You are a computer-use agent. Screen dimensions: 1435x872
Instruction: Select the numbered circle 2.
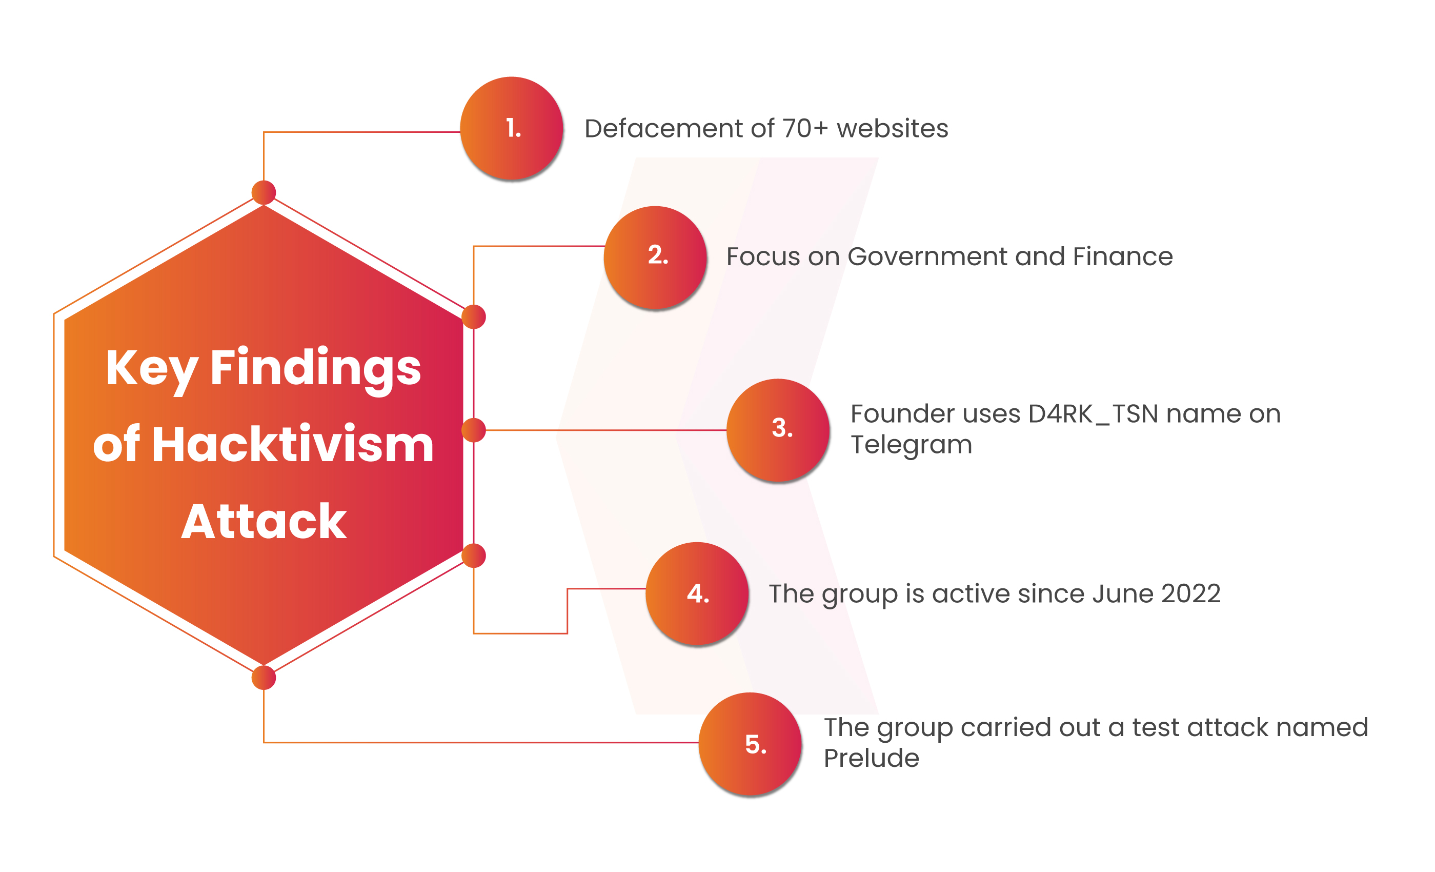[x=655, y=257]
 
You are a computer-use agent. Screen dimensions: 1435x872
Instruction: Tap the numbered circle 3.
[x=778, y=430]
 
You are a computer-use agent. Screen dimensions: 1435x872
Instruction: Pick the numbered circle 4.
[x=697, y=593]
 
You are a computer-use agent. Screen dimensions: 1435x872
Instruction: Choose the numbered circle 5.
[x=750, y=744]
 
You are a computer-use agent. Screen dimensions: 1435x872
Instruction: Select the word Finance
[x=1123, y=256]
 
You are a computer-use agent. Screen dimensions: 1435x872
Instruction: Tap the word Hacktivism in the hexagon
[x=293, y=444]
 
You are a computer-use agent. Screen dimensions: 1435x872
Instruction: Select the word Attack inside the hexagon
[x=264, y=521]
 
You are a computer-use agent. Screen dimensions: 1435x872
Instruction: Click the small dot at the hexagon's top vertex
[x=264, y=193]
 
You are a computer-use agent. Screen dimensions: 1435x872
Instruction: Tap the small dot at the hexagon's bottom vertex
[x=264, y=678]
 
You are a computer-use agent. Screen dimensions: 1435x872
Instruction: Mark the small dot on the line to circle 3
[x=474, y=430]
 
